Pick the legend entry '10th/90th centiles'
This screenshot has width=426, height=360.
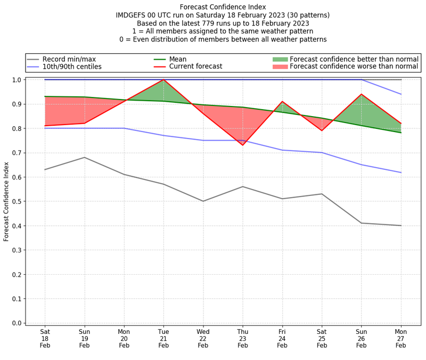pyautogui.click(x=72, y=67)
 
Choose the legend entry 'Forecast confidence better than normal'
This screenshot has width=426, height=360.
pyautogui.click(x=354, y=59)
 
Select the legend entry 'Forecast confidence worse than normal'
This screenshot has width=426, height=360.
pyautogui.click(x=354, y=67)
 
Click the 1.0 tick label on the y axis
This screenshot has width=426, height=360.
pyautogui.click(x=17, y=80)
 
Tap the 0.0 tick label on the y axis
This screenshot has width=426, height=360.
pyautogui.click(x=17, y=323)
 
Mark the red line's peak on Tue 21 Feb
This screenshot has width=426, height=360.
pyautogui.click(x=163, y=80)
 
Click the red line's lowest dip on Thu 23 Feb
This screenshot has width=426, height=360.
pyautogui.click(x=243, y=145)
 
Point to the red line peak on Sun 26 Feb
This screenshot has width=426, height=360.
pyautogui.click(x=362, y=94)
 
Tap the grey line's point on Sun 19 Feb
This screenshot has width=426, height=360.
pyautogui.click(x=84, y=157)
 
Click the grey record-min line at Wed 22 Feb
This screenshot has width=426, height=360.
pyautogui.click(x=203, y=201)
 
